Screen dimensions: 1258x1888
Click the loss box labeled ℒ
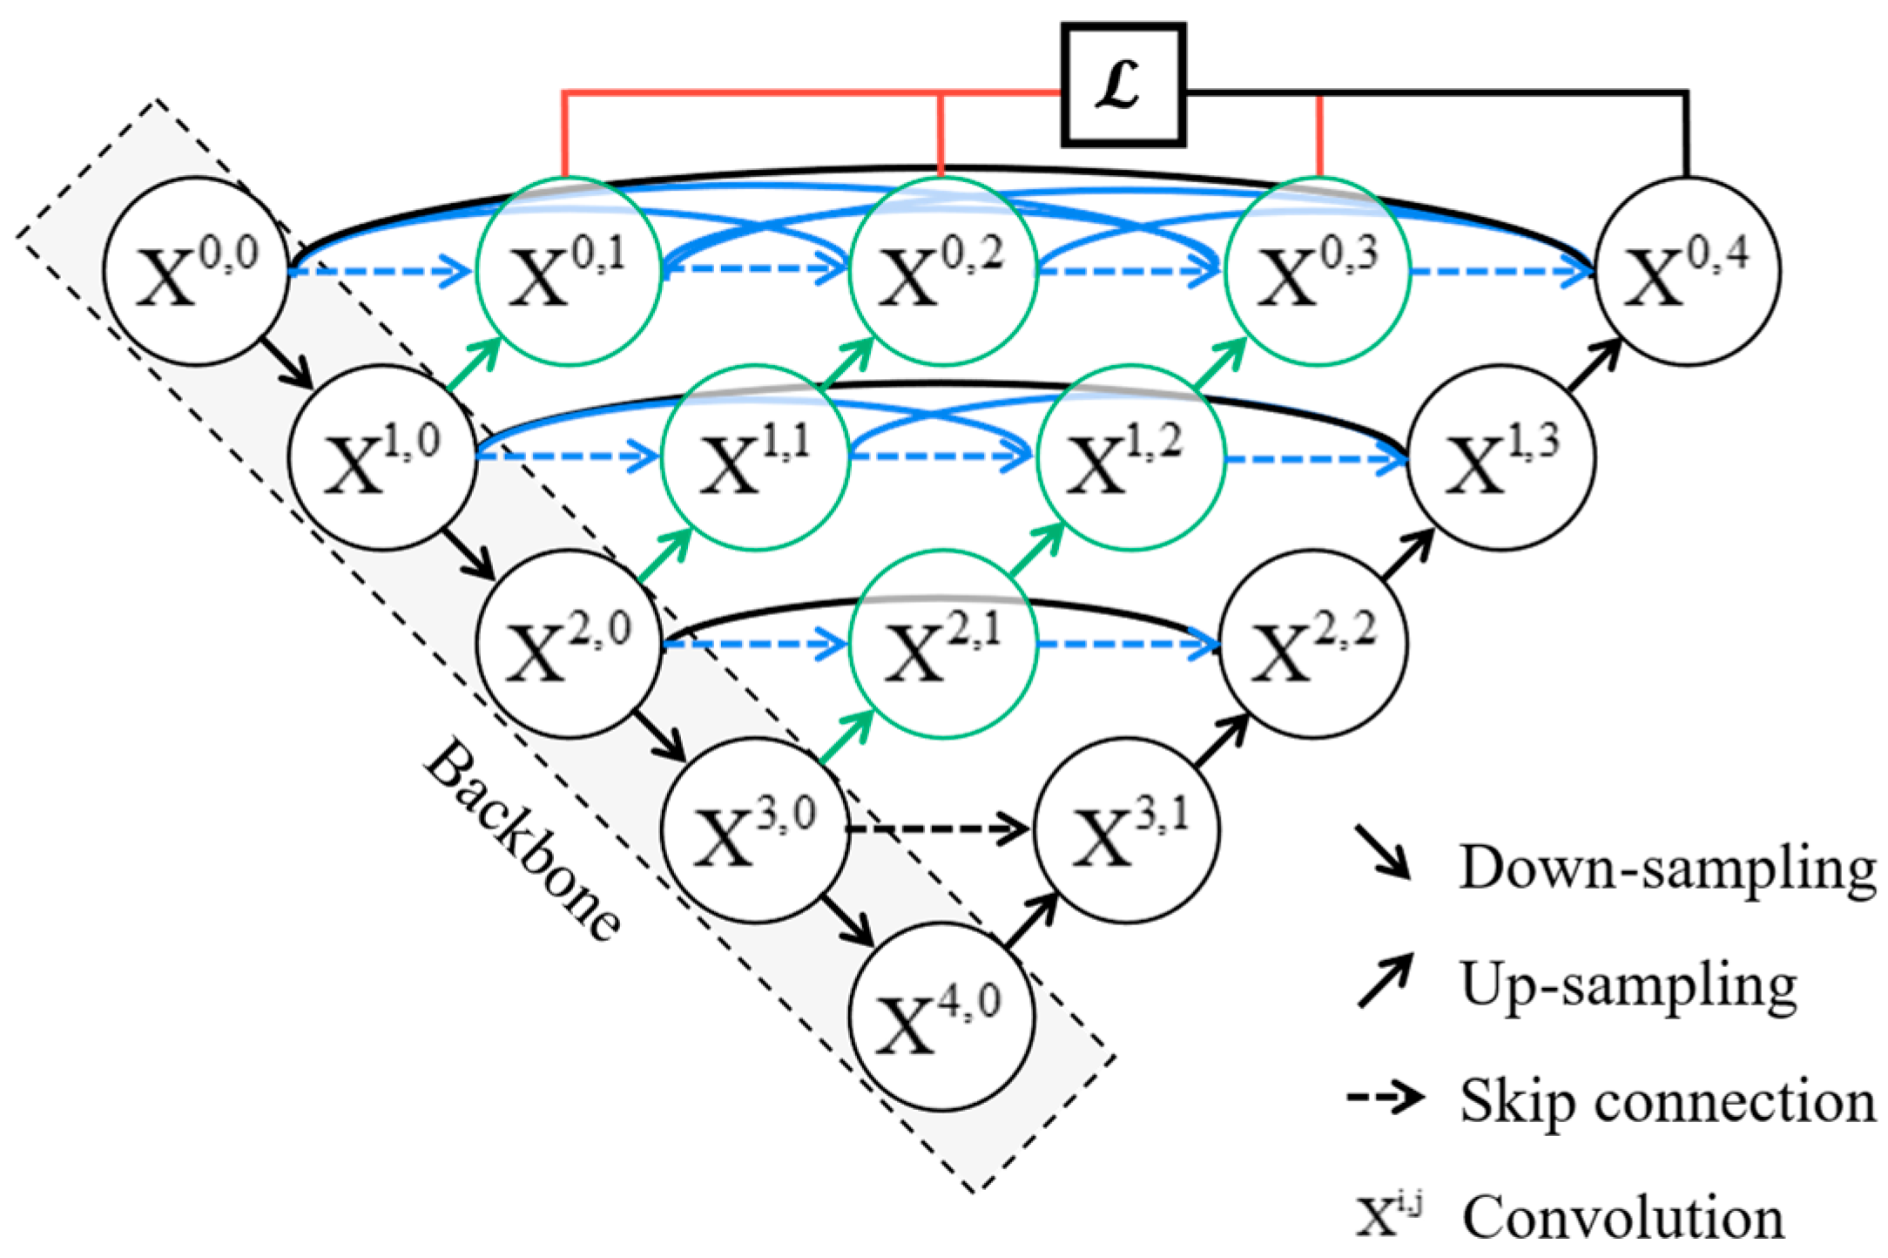coord(1123,85)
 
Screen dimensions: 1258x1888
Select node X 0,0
coord(196,271)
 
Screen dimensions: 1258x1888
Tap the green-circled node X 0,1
coord(569,271)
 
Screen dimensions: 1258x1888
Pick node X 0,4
coord(1687,271)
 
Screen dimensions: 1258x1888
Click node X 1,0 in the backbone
coord(382,457)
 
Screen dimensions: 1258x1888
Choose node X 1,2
coord(1130,457)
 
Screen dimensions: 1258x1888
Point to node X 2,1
coord(943,645)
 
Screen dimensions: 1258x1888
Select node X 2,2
coord(1312,645)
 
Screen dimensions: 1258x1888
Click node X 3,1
coord(1127,829)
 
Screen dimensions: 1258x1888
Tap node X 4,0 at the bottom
coord(941,1017)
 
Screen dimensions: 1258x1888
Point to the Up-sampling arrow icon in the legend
coord(1385,982)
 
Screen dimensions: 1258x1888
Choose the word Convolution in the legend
coord(1622,1216)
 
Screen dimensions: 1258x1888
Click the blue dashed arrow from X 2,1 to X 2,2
coord(1128,645)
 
